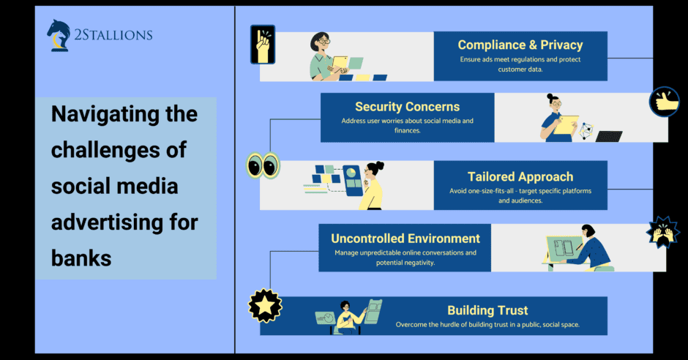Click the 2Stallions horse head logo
(59, 36)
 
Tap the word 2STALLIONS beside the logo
(113, 35)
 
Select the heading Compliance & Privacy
(520, 45)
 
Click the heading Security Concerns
(407, 107)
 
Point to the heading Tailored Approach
(520, 177)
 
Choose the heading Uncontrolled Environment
(405, 239)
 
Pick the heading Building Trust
(487, 310)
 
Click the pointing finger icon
(262, 45)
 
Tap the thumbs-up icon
(664, 102)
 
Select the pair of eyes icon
(263, 166)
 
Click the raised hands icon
(663, 233)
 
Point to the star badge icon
(265, 306)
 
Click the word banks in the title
(81, 258)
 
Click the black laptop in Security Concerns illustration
(608, 136)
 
